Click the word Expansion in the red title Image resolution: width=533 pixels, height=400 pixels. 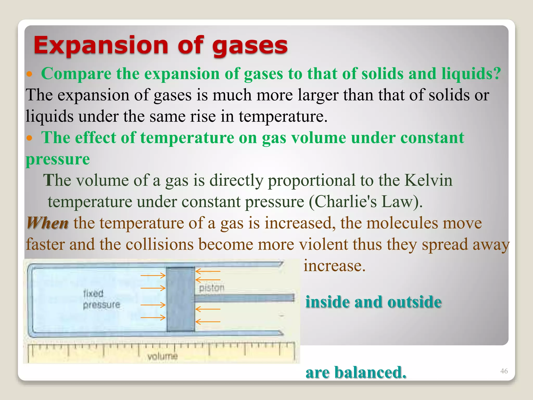(x=101, y=46)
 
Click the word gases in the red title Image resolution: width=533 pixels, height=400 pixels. (x=250, y=46)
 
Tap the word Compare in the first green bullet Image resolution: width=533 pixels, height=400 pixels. (x=76, y=74)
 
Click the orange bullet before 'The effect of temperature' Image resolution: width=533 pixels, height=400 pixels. (x=29, y=138)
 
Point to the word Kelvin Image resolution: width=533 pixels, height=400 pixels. (x=428, y=180)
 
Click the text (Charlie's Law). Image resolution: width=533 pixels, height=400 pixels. (x=366, y=202)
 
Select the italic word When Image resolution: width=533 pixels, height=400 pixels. (x=47, y=223)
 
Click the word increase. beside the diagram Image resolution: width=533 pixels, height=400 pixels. (x=334, y=266)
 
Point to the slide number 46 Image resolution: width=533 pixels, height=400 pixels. (x=504, y=371)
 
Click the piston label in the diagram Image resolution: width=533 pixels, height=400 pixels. (x=212, y=288)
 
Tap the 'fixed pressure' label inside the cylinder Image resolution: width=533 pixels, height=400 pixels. (x=101, y=299)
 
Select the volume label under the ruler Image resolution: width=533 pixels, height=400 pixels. (x=162, y=356)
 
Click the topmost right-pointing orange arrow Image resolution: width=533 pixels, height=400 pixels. (x=153, y=275)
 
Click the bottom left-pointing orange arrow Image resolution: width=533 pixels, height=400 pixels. (x=208, y=322)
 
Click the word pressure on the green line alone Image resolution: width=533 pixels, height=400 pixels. (x=58, y=159)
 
